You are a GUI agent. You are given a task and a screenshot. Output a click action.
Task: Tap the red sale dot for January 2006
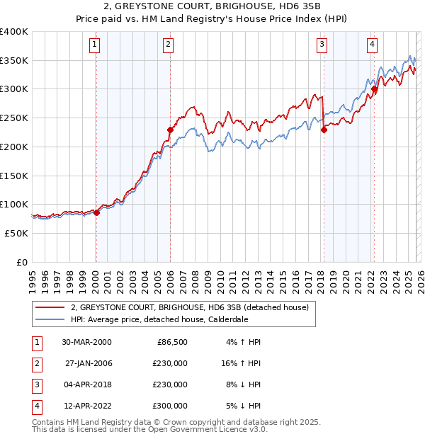tap(170, 130)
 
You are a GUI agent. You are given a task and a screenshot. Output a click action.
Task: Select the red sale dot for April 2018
tap(324, 130)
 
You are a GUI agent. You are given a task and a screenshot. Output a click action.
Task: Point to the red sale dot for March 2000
tap(96, 212)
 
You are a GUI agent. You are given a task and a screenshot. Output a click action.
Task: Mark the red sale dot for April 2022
tap(375, 89)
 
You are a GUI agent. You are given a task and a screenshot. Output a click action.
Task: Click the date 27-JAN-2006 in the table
tap(88, 363)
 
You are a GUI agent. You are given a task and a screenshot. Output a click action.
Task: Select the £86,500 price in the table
tap(171, 342)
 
